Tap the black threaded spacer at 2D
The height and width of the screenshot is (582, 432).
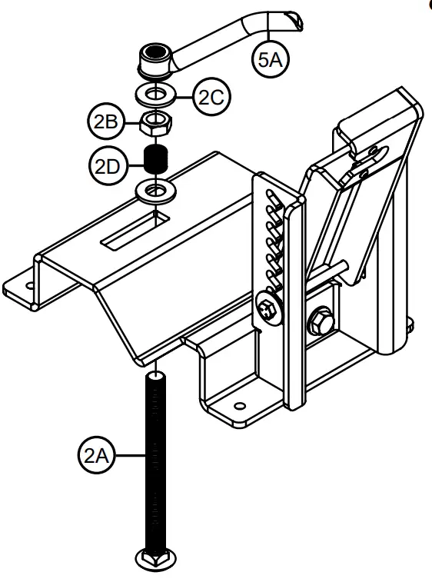click(x=157, y=161)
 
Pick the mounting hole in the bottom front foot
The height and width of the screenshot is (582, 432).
click(x=241, y=403)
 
